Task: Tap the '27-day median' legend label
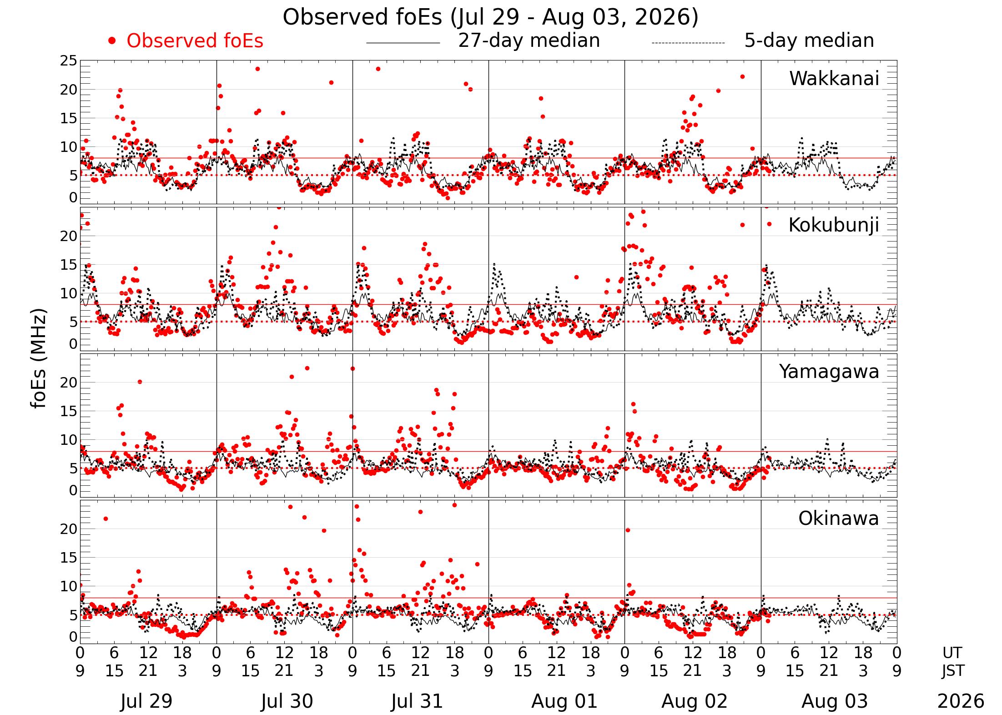click(x=529, y=40)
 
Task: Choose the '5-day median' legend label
click(x=809, y=40)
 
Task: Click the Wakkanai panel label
click(x=834, y=78)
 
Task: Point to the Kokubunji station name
click(x=834, y=225)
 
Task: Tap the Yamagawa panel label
click(x=829, y=372)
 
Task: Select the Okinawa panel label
click(x=839, y=518)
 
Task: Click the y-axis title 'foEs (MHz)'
click(x=40, y=359)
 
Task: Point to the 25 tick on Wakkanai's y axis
click(x=69, y=60)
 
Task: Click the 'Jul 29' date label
click(x=146, y=701)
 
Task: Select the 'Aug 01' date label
click(x=564, y=701)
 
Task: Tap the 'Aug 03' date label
click(x=835, y=701)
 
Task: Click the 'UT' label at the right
click(x=952, y=653)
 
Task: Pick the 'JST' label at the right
click(x=952, y=671)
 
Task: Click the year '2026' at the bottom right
click(x=961, y=701)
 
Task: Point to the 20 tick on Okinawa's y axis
click(x=69, y=529)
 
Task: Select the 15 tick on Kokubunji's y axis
click(x=69, y=264)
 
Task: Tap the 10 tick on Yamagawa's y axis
click(x=69, y=439)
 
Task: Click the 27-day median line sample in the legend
click(x=403, y=43)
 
